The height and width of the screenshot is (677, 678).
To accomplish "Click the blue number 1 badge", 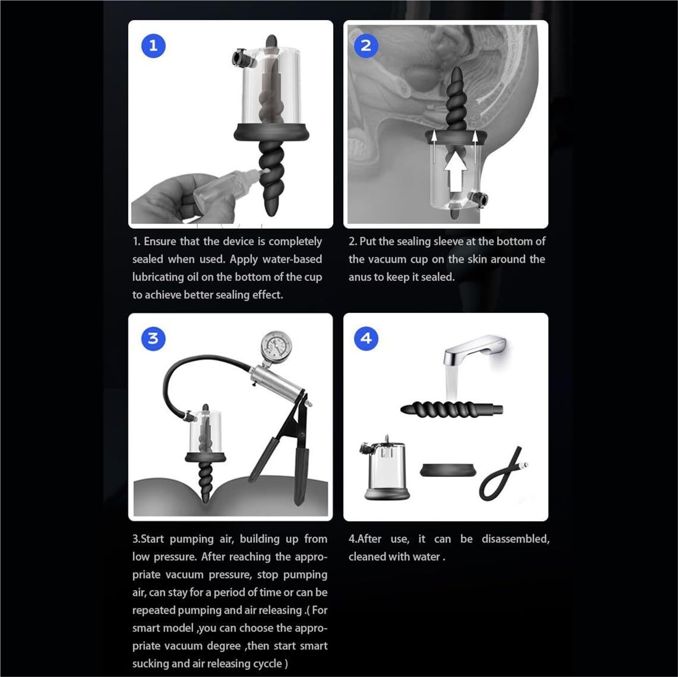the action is [x=153, y=45].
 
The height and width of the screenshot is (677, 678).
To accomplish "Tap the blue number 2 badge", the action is [x=366, y=45].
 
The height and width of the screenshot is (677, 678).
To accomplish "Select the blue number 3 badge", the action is [x=153, y=338].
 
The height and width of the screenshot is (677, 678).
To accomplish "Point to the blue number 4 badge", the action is [x=366, y=338].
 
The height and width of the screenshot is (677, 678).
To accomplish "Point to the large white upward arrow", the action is [x=455, y=170].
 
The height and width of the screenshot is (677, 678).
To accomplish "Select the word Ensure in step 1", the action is [x=160, y=241].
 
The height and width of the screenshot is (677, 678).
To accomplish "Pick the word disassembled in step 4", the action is [x=515, y=539].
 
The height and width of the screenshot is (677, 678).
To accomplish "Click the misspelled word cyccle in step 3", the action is [x=266, y=663].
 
